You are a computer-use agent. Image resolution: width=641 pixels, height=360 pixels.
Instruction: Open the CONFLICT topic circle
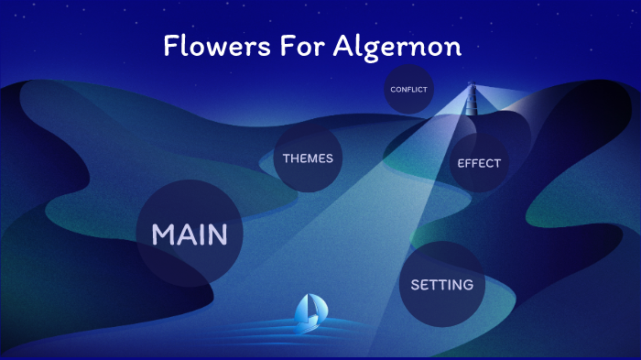[408, 90]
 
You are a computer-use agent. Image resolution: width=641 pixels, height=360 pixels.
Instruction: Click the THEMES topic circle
[308, 158]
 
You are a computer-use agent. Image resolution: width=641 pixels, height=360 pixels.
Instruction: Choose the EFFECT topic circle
[479, 163]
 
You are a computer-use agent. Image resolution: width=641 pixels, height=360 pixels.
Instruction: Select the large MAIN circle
[190, 235]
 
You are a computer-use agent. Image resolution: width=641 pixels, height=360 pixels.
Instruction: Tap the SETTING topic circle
[441, 284]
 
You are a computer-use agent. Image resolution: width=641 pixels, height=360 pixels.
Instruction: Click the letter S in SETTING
[415, 284]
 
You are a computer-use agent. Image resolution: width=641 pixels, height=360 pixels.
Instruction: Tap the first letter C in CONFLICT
[392, 90]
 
